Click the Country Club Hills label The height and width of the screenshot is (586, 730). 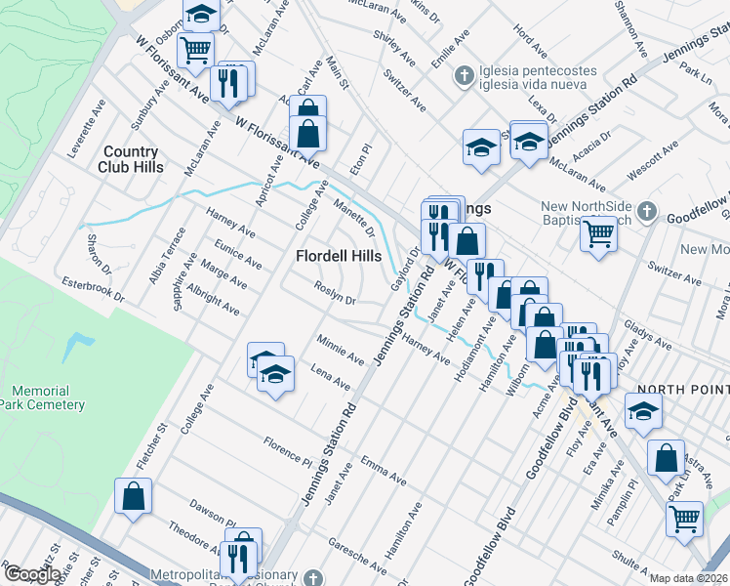pos(130,158)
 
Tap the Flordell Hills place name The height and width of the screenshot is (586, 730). pos(339,255)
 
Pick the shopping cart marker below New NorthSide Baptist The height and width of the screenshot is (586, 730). pos(597,234)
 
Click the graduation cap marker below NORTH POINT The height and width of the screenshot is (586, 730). pos(643,412)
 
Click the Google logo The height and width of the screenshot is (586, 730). pos(31,574)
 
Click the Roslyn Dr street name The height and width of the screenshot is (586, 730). pos(335,294)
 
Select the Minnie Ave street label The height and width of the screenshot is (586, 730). pos(341,350)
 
